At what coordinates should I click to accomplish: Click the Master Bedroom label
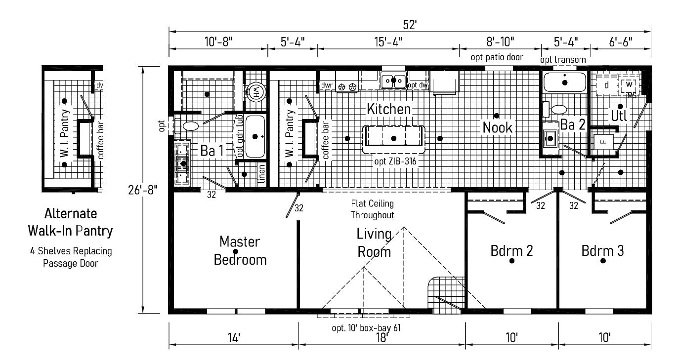[240, 251]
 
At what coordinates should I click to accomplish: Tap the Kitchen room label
[388, 109]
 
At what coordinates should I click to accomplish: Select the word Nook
[498, 127]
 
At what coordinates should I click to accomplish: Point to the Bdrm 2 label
[511, 250]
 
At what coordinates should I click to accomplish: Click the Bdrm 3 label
[602, 250]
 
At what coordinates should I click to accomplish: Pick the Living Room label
[374, 242]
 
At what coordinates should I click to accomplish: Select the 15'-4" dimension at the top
[388, 41]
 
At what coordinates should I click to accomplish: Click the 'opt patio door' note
[497, 57]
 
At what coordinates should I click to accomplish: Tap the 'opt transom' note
[563, 60]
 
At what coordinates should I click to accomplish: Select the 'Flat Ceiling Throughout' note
[373, 209]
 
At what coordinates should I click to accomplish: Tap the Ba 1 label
[211, 151]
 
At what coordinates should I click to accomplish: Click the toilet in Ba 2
[559, 109]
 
